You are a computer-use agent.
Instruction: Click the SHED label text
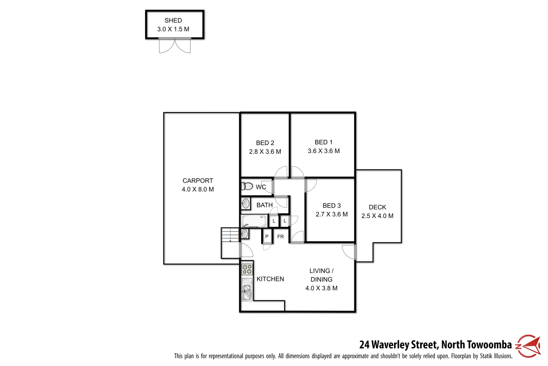[x=173, y=20]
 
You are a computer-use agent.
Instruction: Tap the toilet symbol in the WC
[x=247, y=186]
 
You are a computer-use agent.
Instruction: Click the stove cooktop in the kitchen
[x=247, y=269]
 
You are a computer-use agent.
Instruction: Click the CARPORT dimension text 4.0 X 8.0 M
[x=198, y=189]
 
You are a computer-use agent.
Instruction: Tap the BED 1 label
[x=323, y=142]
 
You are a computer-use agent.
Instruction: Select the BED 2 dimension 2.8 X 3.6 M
[x=265, y=152]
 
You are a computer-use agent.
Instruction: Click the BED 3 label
[x=332, y=206]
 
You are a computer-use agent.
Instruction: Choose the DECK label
[x=377, y=207]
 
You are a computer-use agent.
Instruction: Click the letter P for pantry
[x=267, y=237]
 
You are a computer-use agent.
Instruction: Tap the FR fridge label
[x=280, y=237]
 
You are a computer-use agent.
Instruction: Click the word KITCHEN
[x=270, y=279]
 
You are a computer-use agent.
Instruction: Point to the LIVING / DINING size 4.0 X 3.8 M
[x=321, y=288]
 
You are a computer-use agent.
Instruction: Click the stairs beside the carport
[x=230, y=235]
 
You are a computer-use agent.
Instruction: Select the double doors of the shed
[x=175, y=46]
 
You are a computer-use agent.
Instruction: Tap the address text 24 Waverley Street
[x=399, y=345]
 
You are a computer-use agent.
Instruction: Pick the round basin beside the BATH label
[x=246, y=204]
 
